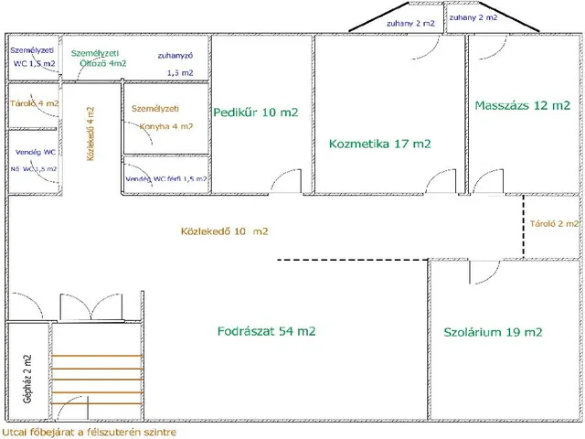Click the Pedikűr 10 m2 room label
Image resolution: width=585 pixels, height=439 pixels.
(x=257, y=112)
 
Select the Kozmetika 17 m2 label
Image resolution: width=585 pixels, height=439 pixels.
(x=379, y=144)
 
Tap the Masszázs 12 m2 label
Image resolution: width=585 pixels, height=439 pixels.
(x=522, y=105)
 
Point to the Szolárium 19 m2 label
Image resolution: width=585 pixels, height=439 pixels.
(x=493, y=331)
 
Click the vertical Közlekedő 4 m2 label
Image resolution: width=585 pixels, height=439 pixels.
(x=90, y=133)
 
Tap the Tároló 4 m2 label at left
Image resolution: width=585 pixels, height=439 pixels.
(x=34, y=104)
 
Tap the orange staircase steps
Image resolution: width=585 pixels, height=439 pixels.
(x=97, y=380)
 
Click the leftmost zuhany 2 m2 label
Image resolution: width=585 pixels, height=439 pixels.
(x=411, y=23)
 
